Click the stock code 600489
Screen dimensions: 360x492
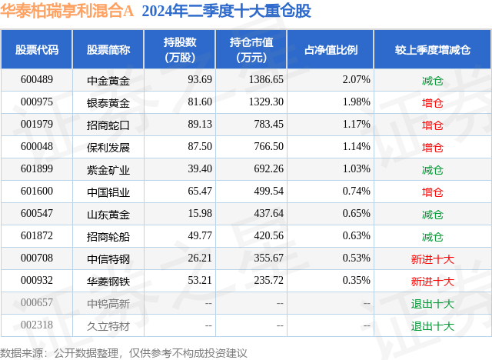coord(37,79)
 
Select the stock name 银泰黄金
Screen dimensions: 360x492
coord(108,102)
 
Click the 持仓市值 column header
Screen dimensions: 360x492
coord(257,50)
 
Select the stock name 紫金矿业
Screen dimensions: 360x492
coord(108,169)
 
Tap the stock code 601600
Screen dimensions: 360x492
coord(37,192)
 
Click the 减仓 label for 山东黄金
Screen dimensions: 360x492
coord(433,214)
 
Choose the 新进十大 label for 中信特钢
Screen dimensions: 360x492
coord(433,258)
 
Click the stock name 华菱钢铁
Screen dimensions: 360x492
coord(108,281)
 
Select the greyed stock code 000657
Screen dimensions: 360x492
coord(37,303)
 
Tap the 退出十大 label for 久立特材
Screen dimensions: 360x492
coord(433,325)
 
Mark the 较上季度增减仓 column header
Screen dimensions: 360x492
coord(433,50)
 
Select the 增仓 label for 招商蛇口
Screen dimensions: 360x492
coord(433,125)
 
